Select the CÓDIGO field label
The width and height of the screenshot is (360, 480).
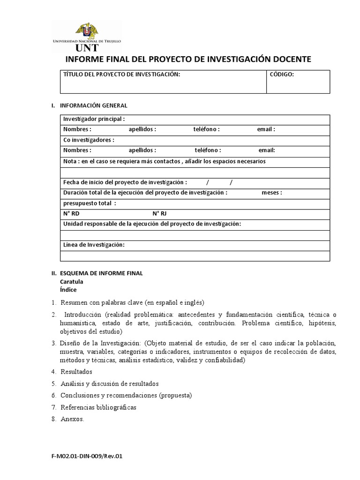[x=282, y=75]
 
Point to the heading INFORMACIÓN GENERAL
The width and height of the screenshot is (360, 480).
[x=93, y=105]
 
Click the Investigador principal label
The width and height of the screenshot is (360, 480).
[x=94, y=119]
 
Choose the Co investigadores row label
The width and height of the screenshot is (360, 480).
[x=89, y=140]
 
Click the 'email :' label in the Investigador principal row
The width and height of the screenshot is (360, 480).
[x=266, y=129]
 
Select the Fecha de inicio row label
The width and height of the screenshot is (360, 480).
[x=125, y=182]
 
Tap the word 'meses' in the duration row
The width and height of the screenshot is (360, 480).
[x=271, y=193]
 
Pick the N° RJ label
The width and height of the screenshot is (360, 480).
[x=159, y=214]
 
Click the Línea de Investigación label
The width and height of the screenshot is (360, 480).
[x=94, y=245]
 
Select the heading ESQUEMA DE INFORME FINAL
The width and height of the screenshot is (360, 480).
[x=101, y=273]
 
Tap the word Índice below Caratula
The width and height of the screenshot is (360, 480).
[x=68, y=290]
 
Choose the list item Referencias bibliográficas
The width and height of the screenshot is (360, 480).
[x=98, y=407]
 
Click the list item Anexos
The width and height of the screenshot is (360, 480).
[x=72, y=419]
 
